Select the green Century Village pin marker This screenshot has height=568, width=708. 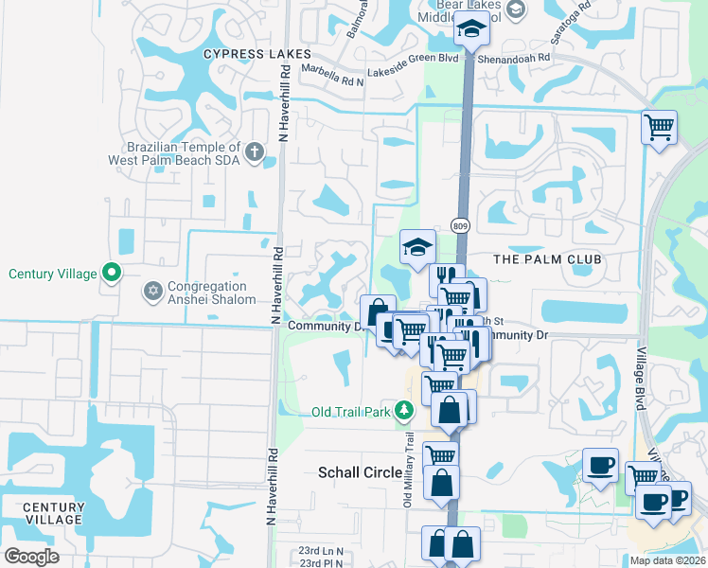[x=112, y=274]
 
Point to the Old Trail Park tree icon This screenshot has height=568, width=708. [x=404, y=410]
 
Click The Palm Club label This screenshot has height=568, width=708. [x=535, y=258]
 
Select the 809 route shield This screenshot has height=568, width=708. [x=460, y=226]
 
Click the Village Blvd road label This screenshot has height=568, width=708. [x=640, y=378]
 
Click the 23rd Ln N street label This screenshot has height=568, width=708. [x=321, y=550]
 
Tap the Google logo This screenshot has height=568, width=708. [x=31, y=557]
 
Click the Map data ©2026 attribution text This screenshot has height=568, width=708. [x=667, y=560]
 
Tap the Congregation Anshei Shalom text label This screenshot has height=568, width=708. [x=211, y=293]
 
